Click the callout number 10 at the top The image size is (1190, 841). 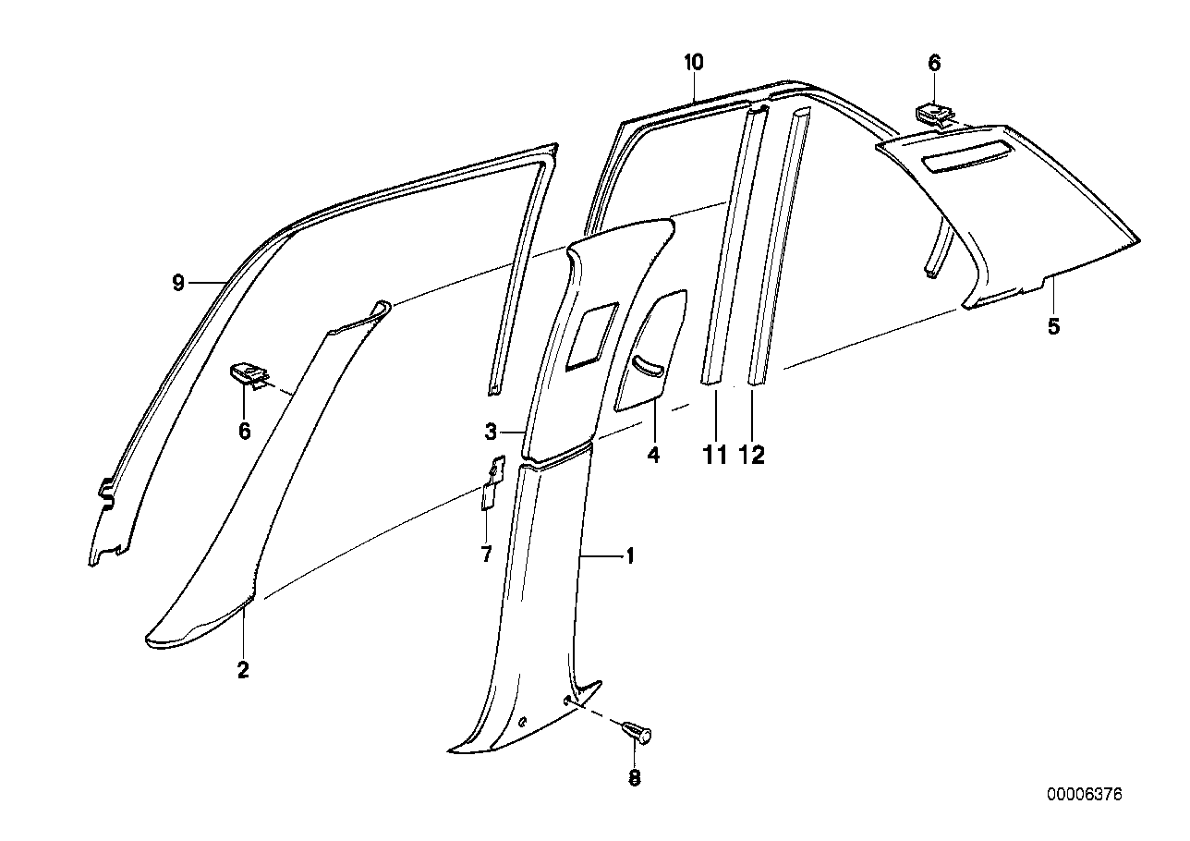(694, 63)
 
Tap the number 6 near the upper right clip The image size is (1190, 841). (934, 63)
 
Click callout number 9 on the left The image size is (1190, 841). (178, 283)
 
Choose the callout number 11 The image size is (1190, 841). (716, 456)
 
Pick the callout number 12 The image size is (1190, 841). (753, 456)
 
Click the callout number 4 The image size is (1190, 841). (653, 456)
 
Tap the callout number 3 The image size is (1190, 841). (492, 432)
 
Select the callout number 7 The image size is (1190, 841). (486, 555)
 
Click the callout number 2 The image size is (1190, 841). (243, 670)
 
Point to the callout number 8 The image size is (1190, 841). (634, 778)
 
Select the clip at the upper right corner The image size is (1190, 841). (935, 115)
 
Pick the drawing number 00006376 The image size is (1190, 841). (1084, 794)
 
